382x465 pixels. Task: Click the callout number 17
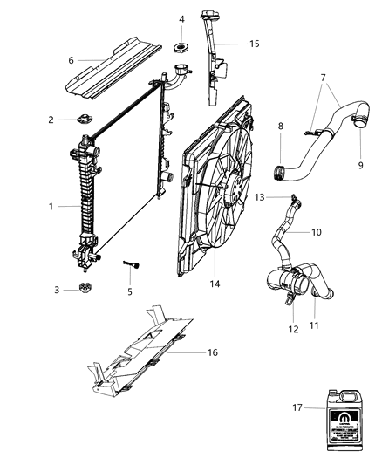298,407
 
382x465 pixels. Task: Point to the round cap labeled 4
181,46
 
